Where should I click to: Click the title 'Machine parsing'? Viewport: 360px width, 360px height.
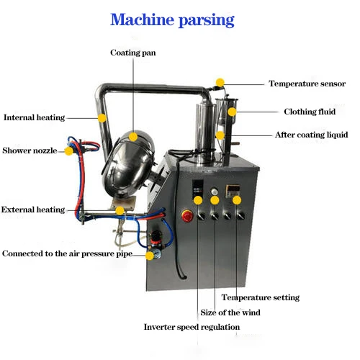tap(172, 19)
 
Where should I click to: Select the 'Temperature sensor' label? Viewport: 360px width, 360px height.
tap(307, 84)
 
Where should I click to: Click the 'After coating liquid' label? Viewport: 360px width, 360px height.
tap(312, 135)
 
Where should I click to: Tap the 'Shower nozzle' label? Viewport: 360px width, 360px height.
tap(30, 151)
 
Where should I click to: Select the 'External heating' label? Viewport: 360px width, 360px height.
tap(33, 210)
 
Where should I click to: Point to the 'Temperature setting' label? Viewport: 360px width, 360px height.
tap(261, 297)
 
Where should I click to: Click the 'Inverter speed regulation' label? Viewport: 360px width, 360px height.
tap(192, 327)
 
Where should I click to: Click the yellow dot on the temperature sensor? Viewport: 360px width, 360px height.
tap(220, 82)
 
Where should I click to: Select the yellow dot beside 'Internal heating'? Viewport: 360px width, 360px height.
tap(102, 117)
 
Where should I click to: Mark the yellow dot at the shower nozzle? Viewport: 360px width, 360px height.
tap(69, 150)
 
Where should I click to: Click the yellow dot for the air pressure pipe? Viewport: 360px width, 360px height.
tap(150, 253)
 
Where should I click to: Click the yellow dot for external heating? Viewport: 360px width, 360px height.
tap(120, 211)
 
